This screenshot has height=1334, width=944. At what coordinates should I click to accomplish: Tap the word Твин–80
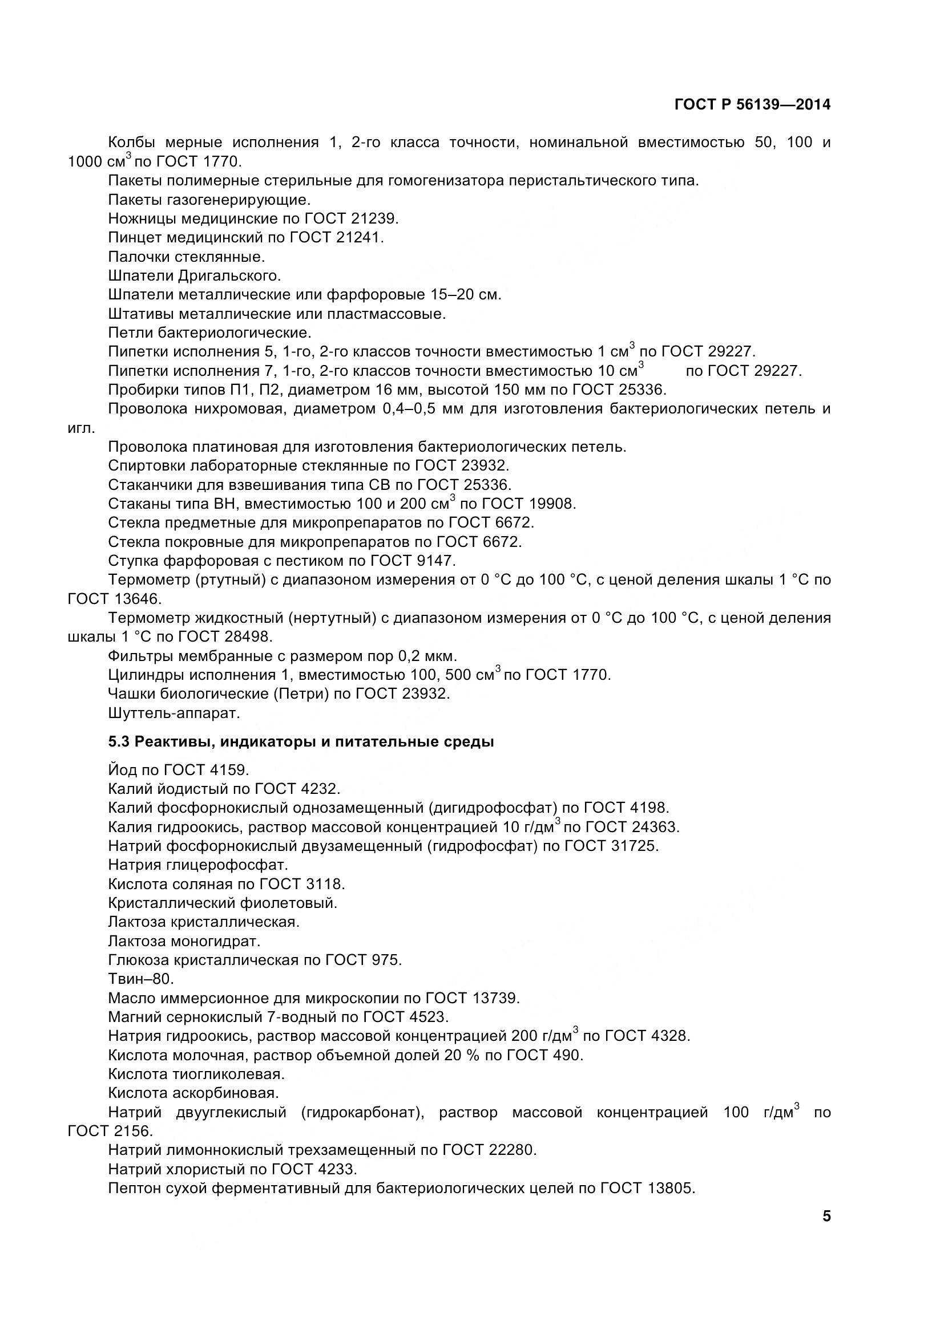point(141,980)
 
